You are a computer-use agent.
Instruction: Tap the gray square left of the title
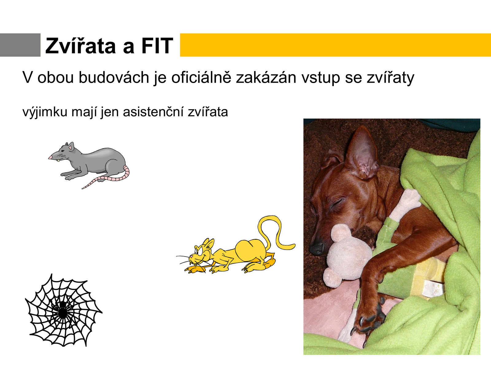(x=20, y=45)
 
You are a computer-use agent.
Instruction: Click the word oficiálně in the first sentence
(x=201, y=77)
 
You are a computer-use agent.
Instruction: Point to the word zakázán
(x=266, y=77)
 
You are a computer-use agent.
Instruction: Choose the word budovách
(x=114, y=77)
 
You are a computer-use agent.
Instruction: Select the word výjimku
(x=45, y=112)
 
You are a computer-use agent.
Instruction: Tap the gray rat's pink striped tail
(x=112, y=177)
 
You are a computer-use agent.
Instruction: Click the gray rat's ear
(x=71, y=146)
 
